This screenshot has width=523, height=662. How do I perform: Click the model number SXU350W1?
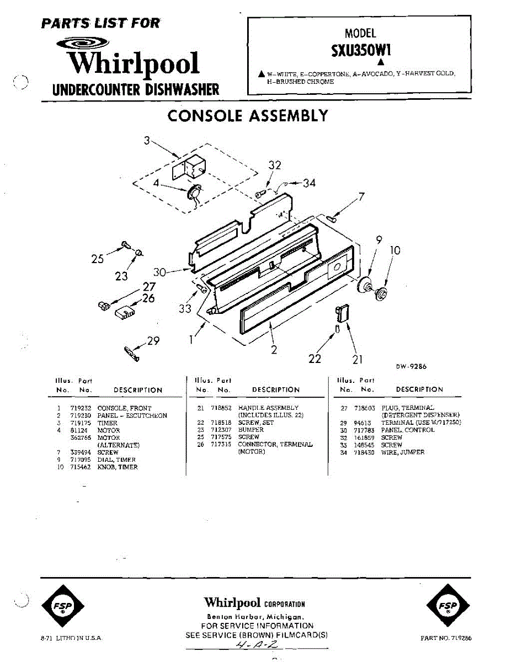click(x=361, y=50)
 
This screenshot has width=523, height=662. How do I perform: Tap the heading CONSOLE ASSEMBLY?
click(x=248, y=116)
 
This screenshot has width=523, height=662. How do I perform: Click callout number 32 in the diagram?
click(x=275, y=165)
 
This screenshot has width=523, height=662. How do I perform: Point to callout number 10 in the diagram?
click(x=394, y=250)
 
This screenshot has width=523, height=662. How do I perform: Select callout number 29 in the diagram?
click(x=153, y=341)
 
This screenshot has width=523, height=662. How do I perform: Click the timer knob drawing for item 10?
click(x=381, y=293)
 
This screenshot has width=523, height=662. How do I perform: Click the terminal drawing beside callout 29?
click(x=131, y=354)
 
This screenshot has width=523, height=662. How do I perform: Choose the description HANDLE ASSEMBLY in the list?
click(x=268, y=408)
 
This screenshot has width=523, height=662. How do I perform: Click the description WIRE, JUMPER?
click(x=403, y=452)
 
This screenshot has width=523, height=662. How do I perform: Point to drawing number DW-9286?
click(x=411, y=366)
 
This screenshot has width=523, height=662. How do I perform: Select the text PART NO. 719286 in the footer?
click(x=446, y=638)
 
